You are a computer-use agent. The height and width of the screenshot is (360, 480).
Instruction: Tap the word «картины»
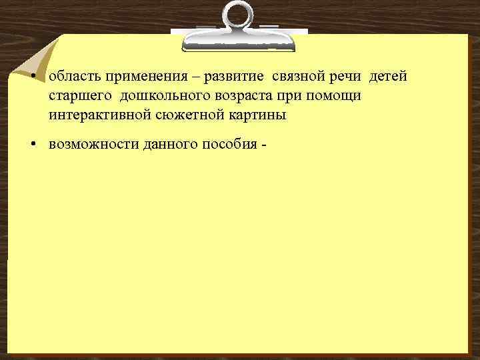[x=247, y=115]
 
